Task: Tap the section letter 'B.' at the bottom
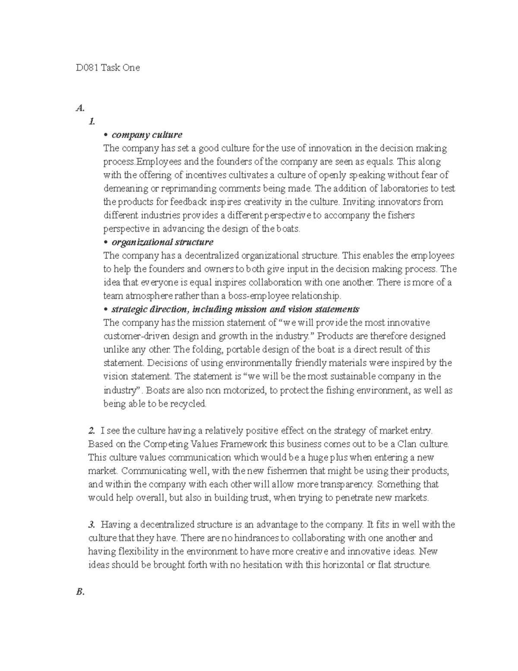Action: click(x=79, y=592)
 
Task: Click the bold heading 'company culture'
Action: click(x=147, y=135)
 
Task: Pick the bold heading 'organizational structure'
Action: click(x=162, y=242)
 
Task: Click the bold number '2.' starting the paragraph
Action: click(x=92, y=430)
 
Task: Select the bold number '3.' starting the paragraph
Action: click(x=92, y=525)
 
